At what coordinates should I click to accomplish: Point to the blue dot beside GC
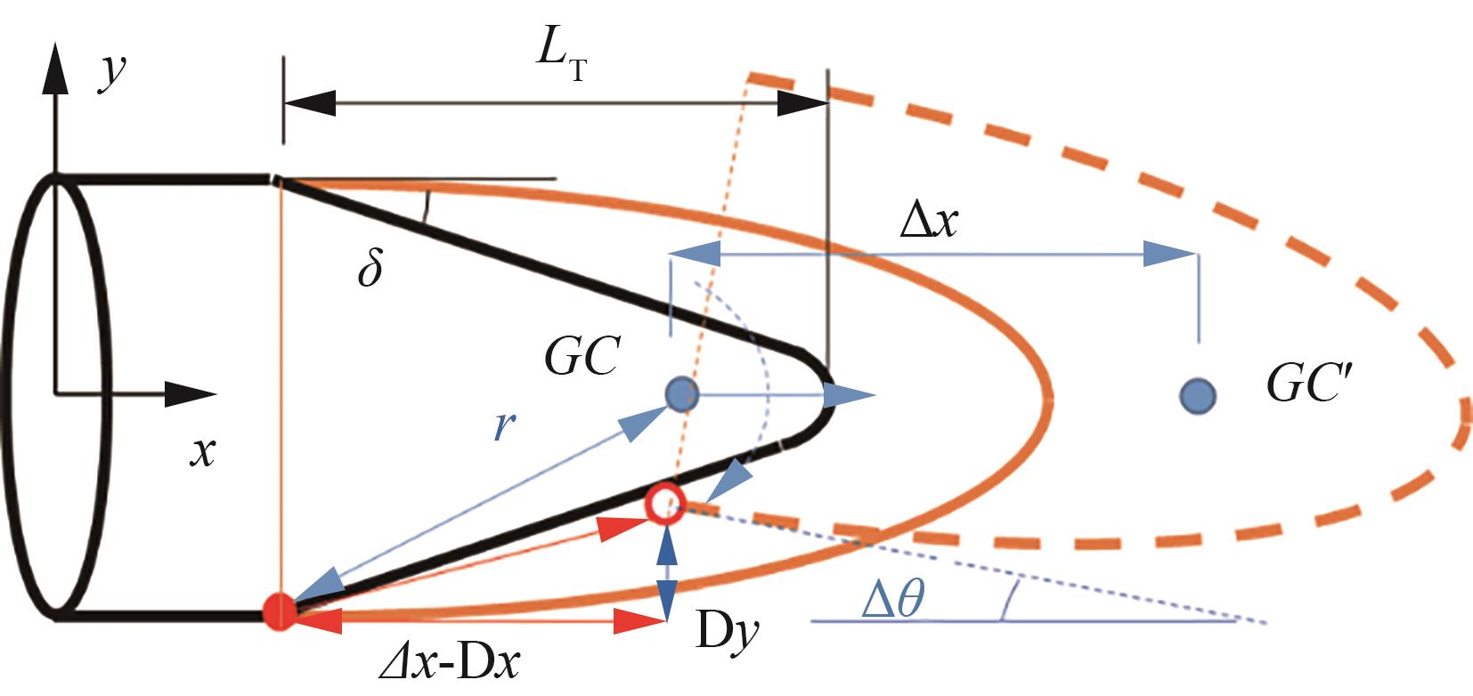click(682, 393)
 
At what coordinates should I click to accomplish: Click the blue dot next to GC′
click(1197, 394)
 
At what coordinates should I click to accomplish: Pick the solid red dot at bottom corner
click(281, 612)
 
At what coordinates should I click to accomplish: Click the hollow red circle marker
click(664, 505)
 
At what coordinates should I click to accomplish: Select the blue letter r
click(504, 427)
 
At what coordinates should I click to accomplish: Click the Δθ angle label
click(893, 600)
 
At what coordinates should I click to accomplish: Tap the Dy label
click(728, 632)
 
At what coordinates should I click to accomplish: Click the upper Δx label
click(929, 221)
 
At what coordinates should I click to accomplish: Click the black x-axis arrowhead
click(191, 393)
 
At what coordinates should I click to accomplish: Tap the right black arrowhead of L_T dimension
click(802, 103)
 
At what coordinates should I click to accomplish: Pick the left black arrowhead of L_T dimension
click(310, 103)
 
